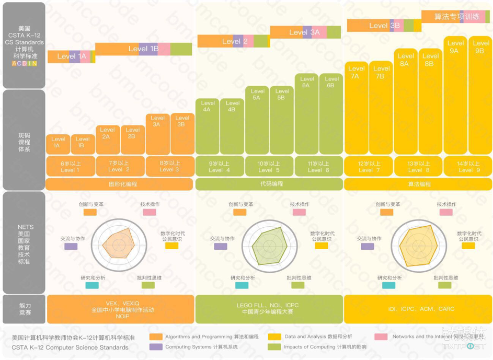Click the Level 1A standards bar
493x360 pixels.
coord(71,56)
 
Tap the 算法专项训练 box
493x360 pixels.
coord(455,17)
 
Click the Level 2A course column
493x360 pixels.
coord(107,140)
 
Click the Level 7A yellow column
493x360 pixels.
coord(357,108)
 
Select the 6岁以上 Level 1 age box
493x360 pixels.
coord(71,167)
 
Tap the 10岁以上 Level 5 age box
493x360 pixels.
coord(269,167)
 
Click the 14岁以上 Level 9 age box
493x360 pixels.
coord(467,167)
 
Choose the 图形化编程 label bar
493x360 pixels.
coord(120,184)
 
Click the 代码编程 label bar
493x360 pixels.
coord(269,184)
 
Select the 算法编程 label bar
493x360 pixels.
coord(418,184)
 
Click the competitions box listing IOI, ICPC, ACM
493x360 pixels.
coord(418,309)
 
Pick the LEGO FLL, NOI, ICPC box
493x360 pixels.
coord(269,309)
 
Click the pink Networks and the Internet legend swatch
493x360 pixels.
coord(381,337)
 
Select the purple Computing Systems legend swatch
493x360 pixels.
coord(156,347)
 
